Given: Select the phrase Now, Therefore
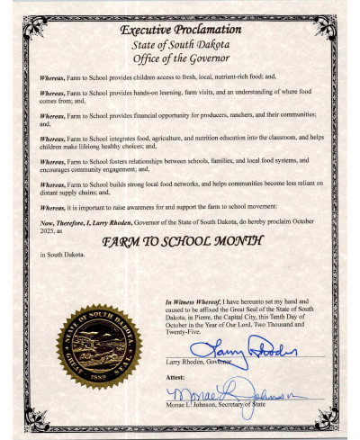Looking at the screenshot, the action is click(x=60, y=221).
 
